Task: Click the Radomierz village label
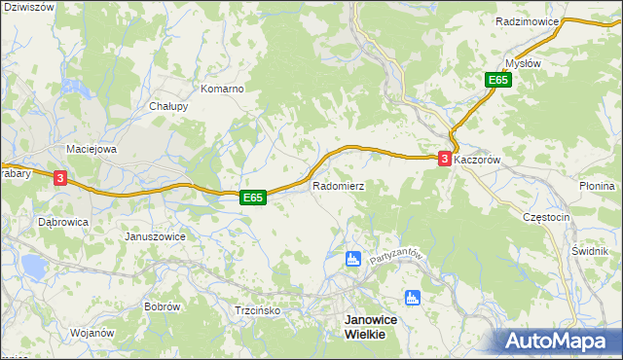click(x=338, y=185)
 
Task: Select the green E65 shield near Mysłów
click(x=499, y=81)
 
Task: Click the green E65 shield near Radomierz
click(x=253, y=198)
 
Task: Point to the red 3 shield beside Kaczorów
click(x=445, y=158)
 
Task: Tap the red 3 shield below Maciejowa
click(x=60, y=178)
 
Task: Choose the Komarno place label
click(x=222, y=89)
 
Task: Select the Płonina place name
click(x=597, y=186)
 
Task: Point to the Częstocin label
click(x=545, y=218)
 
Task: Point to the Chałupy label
click(x=168, y=106)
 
